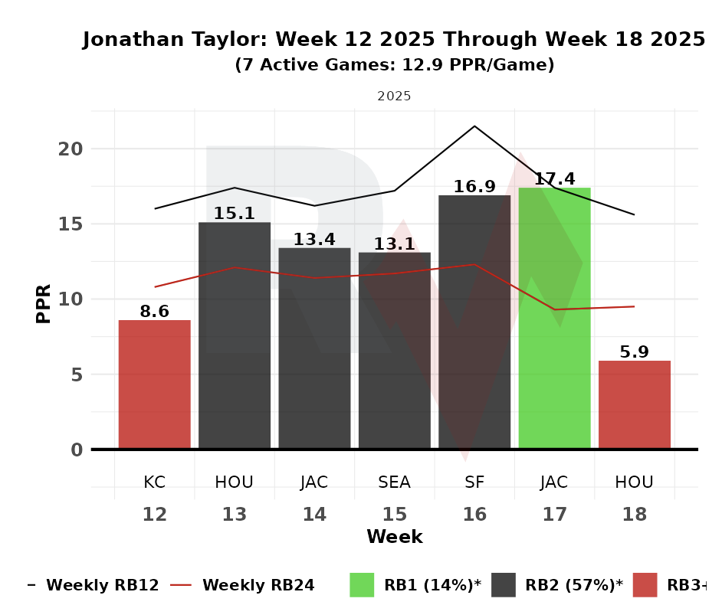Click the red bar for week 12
point(154,384)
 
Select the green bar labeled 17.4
point(554,318)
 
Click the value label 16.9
point(474,187)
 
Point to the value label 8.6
point(154,312)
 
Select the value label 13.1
point(394,244)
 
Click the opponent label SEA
point(394,482)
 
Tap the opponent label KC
point(154,482)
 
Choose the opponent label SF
point(474,482)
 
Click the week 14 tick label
point(314,515)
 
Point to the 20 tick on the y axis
point(70,149)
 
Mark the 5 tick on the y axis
point(75,375)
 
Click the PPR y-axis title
point(44,303)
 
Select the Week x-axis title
point(394,537)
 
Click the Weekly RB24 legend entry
point(258,585)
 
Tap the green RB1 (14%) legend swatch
point(362,585)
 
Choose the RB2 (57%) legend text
point(573,585)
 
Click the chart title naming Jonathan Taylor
point(394,40)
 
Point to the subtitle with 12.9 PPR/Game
point(394,66)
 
